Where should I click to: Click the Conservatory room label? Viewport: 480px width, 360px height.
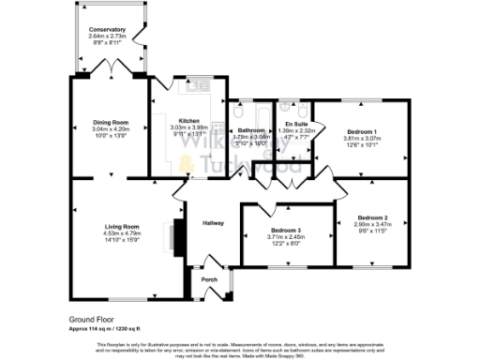(x=106, y=29)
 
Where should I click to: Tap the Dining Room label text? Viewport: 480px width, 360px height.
(x=110, y=122)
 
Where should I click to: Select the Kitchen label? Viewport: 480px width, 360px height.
(x=189, y=121)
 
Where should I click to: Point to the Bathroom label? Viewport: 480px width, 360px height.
(x=251, y=130)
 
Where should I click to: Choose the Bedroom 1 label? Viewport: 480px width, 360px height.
(x=361, y=130)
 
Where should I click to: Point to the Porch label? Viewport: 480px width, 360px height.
(x=209, y=277)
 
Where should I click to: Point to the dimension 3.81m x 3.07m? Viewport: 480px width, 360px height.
(x=361, y=138)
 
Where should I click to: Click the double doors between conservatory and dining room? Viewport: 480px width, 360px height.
(x=111, y=67)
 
